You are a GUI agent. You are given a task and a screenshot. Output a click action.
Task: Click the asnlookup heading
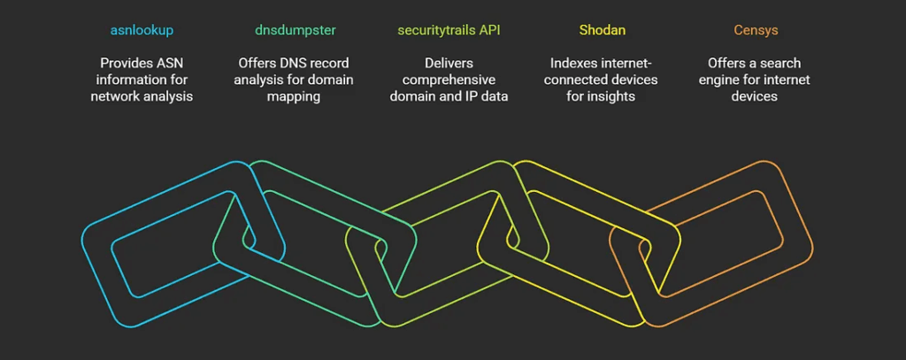142,30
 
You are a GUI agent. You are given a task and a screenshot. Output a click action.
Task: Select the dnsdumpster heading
296,30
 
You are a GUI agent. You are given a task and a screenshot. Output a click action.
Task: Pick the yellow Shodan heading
602,30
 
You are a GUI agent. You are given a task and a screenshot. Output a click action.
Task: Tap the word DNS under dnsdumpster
311,64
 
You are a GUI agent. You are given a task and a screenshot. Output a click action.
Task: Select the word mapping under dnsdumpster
295,96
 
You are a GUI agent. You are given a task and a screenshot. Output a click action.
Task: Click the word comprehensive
449,80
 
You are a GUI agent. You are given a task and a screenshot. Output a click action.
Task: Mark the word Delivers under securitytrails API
449,64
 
